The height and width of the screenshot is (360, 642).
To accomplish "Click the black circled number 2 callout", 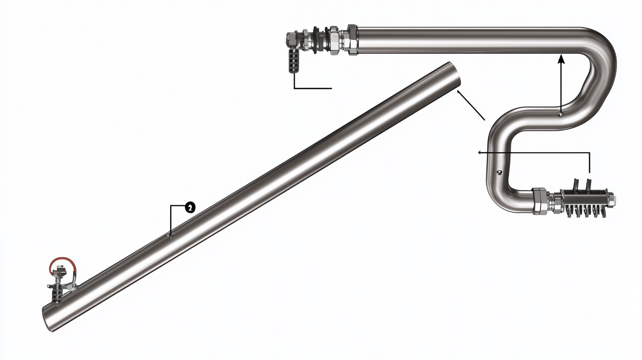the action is click(x=190, y=207).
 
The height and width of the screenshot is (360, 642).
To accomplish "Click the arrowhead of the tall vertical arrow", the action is click(x=561, y=59).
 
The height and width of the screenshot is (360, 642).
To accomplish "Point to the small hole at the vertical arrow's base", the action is click(x=560, y=114).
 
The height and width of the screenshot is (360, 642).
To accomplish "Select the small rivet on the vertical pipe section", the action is click(x=500, y=172).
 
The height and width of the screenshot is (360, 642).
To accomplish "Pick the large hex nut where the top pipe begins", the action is click(x=353, y=40).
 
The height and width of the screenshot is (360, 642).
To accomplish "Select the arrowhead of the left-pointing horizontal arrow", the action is click(x=479, y=153).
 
